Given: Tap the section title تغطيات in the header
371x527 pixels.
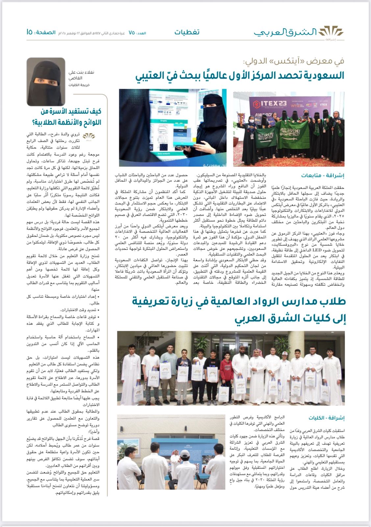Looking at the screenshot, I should [x=187, y=32].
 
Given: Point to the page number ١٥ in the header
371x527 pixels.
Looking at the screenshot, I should [x=29, y=32].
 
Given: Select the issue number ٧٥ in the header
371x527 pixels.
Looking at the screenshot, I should [x=132, y=33].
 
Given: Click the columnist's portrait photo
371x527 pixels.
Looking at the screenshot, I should [x=46, y=82].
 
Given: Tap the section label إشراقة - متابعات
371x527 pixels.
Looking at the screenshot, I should [x=323, y=176].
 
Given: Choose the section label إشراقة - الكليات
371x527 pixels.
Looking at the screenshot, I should [x=326, y=418].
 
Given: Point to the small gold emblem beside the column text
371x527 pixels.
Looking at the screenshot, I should [x=88, y=136].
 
